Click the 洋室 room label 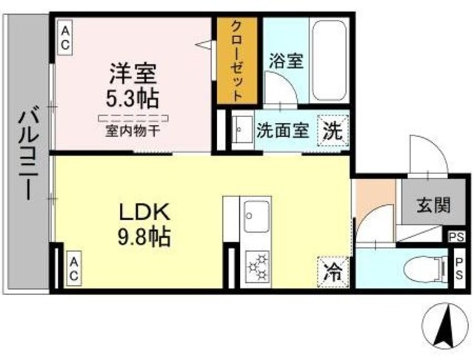[133, 75]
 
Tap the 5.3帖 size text [134, 98]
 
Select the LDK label [147, 213]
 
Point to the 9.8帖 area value [147, 237]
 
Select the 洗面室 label [281, 131]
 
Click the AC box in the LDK [73, 267]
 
